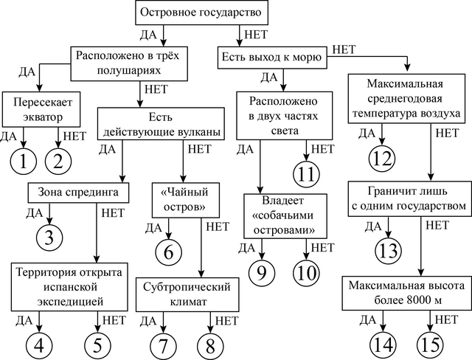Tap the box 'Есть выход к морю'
[271, 57]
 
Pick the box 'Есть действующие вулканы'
[159, 123]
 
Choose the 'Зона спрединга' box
[77, 193]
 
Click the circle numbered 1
[23, 159]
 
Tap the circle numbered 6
[169, 252]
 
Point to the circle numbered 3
[49, 237]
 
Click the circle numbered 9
[260, 271]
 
